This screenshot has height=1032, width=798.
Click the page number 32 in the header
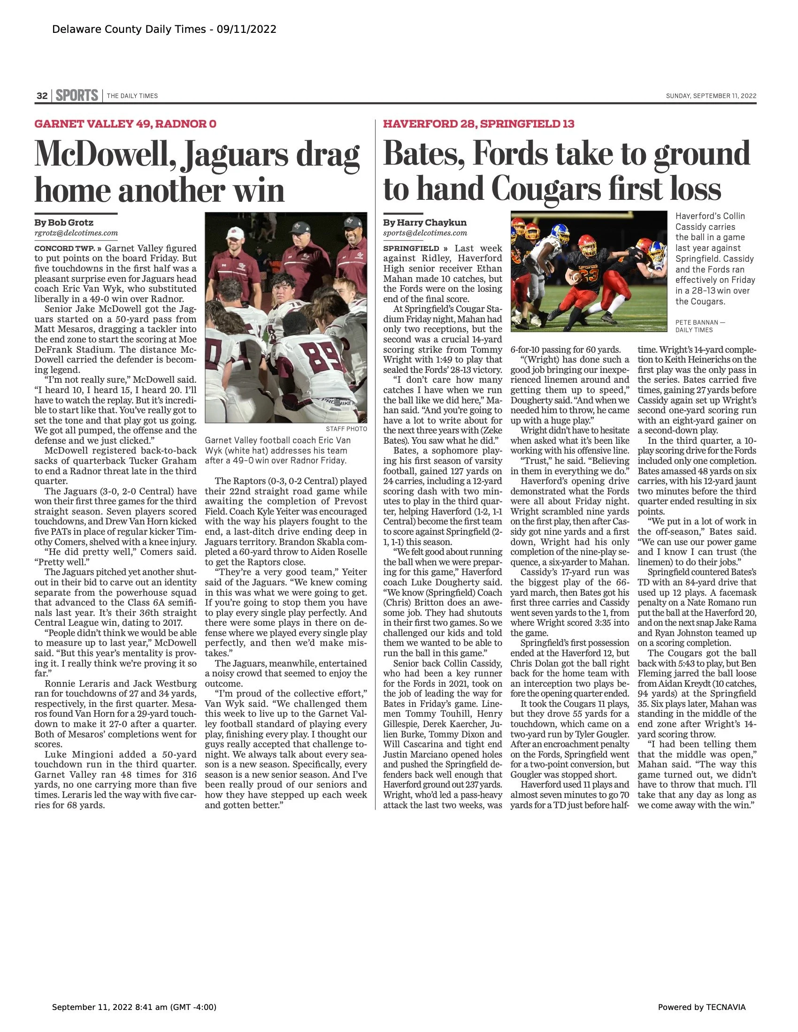coord(42,96)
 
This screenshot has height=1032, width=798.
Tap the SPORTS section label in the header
coord(77,95)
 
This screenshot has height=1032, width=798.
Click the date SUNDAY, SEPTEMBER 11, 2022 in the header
coord(711,96)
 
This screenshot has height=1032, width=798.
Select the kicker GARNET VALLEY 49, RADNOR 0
coord(125,124)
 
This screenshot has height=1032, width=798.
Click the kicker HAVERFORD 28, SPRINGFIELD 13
coord(478,124)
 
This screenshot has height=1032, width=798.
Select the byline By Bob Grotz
coord(64,222)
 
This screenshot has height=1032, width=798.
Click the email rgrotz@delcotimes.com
coord(76,233)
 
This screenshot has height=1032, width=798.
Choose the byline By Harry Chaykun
coord(424,222)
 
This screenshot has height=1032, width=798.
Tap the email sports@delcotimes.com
coord(424,233)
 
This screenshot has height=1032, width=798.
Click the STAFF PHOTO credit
coord(346,429)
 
